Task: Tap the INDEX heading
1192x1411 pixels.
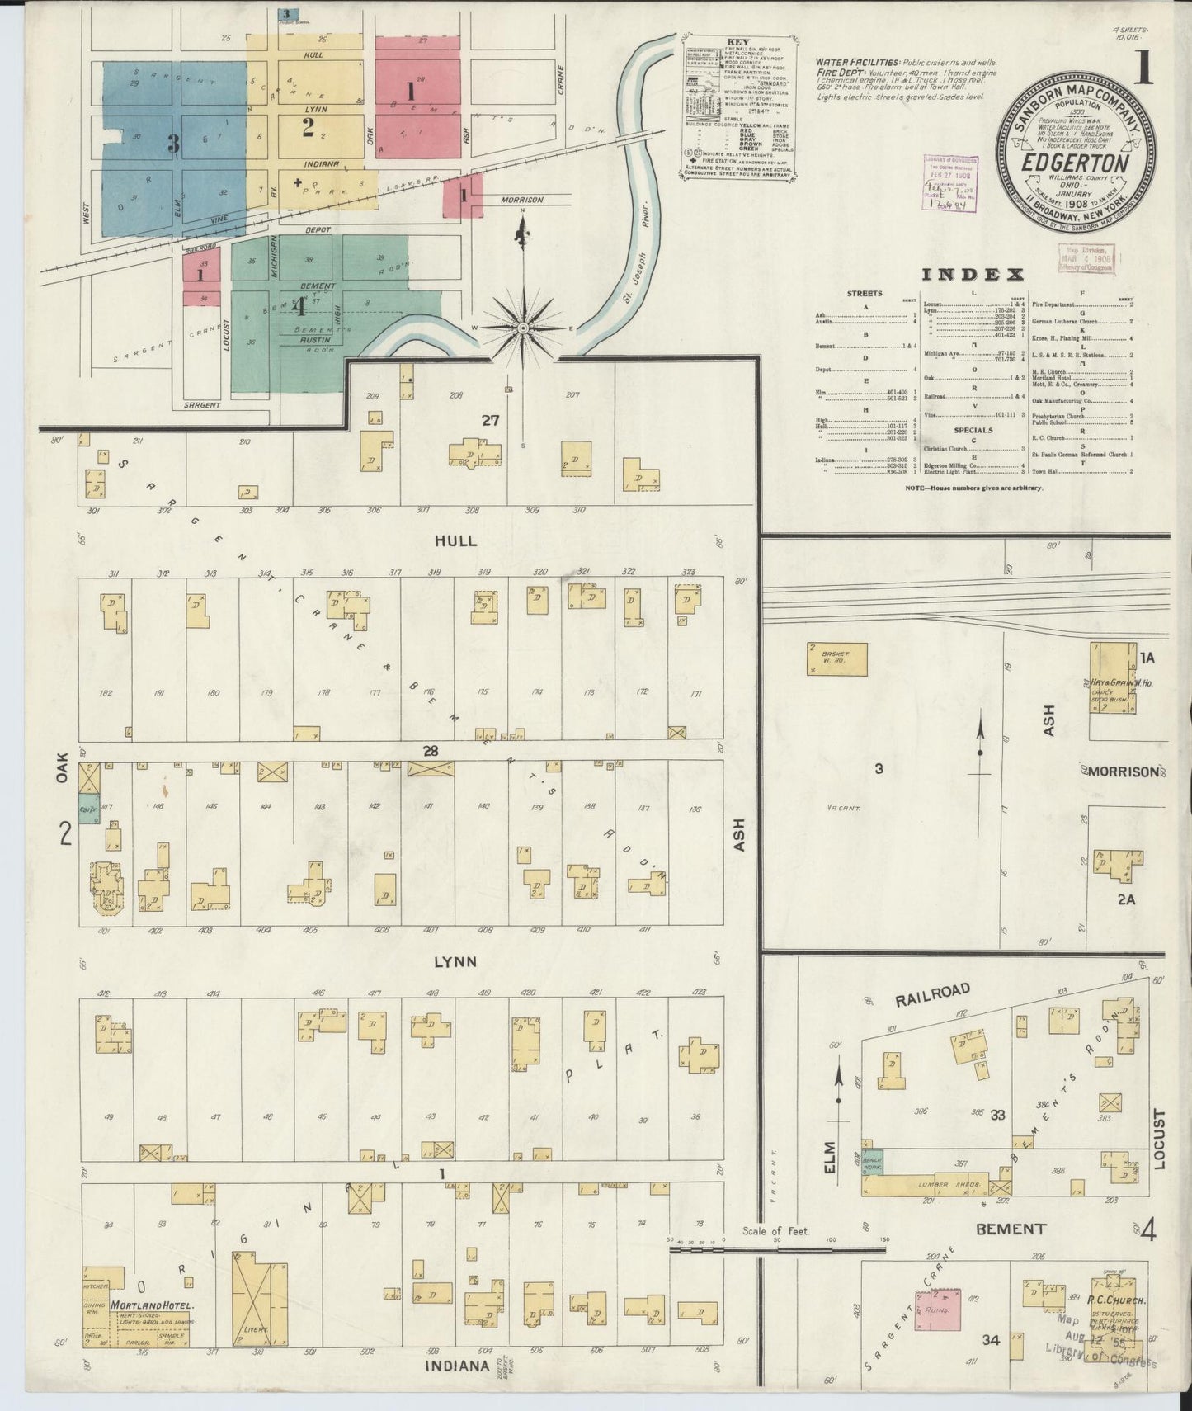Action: [973, 275]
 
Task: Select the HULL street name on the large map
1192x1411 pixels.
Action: [455, 540]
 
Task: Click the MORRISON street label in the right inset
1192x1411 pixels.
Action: [1124, 772]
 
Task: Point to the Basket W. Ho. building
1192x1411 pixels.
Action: [837, 659]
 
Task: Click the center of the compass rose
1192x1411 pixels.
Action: [522, 328]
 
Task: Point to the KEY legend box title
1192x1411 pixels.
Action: [737, 41]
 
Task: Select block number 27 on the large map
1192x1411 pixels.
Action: [491, 420]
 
